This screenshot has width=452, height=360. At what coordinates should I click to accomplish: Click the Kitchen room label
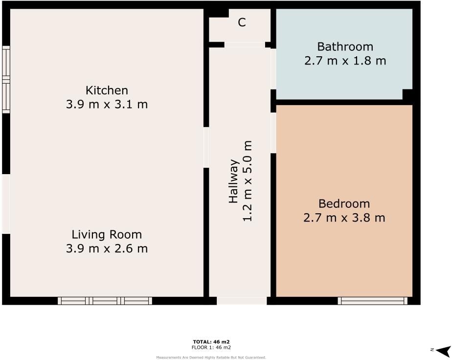click(107, 90)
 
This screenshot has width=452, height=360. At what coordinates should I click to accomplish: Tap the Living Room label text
click(107, 234)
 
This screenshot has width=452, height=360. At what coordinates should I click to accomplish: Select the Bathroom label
click(345, 47)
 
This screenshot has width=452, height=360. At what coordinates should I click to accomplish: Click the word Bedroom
click(344, 203)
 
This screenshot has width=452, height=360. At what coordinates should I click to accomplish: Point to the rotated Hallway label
click(233, 181)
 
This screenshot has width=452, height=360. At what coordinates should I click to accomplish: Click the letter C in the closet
click(242, 22)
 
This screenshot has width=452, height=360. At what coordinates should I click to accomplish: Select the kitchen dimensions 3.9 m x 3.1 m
click(107, 105)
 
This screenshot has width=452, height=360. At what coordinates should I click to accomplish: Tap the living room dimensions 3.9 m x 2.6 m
click(107, 248)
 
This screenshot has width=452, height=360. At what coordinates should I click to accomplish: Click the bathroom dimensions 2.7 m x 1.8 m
click(345, 61)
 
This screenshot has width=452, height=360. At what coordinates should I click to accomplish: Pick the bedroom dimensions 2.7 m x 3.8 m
click(344, 218)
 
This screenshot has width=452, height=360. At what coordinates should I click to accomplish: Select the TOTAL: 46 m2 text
click(211, 341)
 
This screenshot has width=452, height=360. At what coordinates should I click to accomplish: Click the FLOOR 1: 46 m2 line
click(211, 347)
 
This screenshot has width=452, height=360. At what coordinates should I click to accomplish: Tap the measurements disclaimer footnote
click(211, 358)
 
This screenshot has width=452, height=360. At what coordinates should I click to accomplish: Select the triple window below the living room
click(105, 301)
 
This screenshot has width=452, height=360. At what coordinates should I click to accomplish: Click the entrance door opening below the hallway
click(242, 301)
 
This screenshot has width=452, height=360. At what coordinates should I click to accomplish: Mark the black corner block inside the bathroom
click(407, 94)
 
